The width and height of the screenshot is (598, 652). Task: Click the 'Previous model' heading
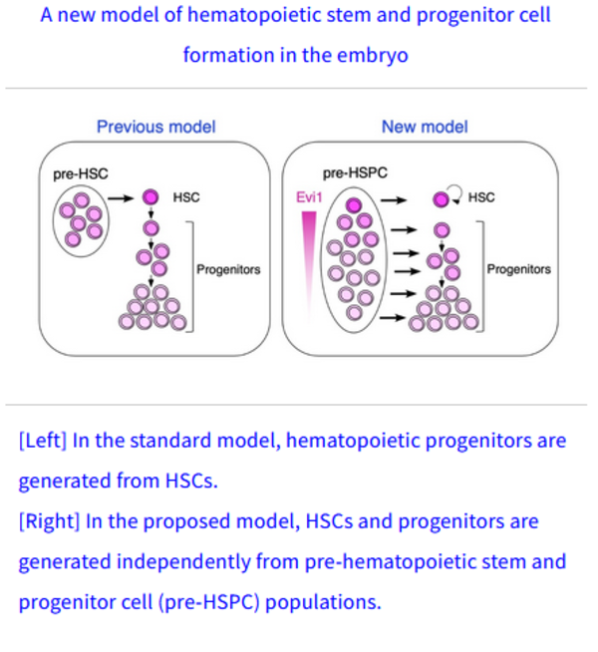155,127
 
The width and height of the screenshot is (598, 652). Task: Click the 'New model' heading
425,127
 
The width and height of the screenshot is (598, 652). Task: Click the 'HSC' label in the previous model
186,197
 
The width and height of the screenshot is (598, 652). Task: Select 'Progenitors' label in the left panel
228,269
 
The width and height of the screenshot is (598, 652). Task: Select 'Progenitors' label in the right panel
518,269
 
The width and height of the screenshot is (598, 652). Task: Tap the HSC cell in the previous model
149,197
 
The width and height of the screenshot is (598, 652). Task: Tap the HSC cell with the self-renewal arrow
440,199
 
